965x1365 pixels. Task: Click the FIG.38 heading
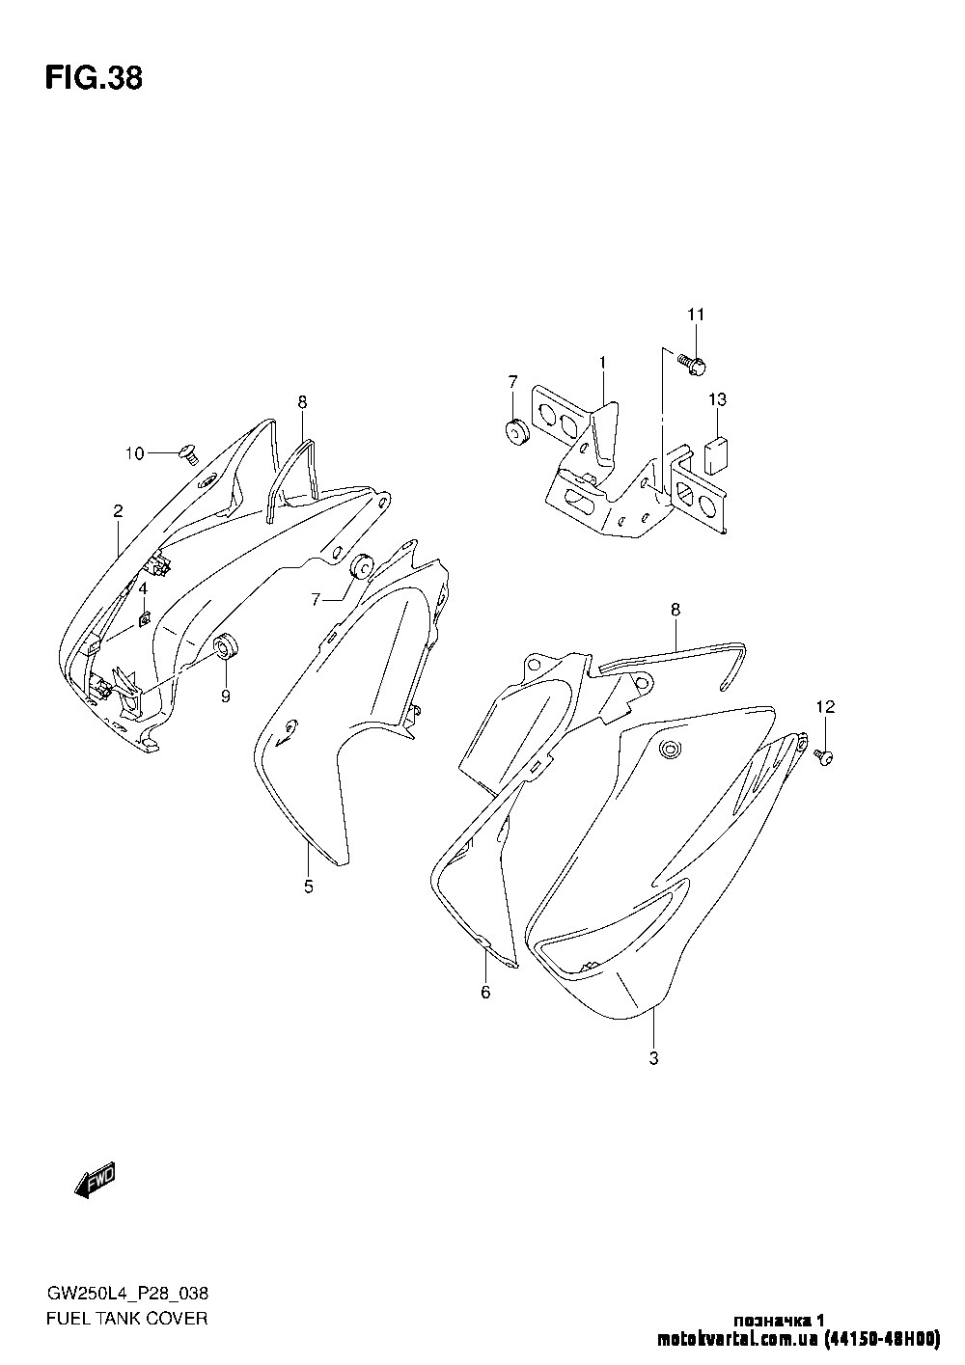pos(94,78)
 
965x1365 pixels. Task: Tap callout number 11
pos(696,314)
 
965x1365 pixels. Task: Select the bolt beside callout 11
pos(693,365)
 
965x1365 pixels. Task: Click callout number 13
pos(718,399)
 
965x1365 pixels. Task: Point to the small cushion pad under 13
pos(717,455)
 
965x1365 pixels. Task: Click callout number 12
pos(825,707)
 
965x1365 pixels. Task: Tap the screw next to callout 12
pos(824,756)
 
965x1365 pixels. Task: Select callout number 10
pos(135,453)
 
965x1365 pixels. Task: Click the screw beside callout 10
pos(189,454)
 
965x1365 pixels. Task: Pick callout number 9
pos(226,696)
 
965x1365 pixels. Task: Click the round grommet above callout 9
pos(225,646)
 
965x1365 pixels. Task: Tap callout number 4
pos(143,588)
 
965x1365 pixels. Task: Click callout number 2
pos(118,510)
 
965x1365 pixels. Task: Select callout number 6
pos(485,992)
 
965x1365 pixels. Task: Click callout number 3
pos(653,1058)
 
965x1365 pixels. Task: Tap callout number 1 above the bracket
pos(602,363)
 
